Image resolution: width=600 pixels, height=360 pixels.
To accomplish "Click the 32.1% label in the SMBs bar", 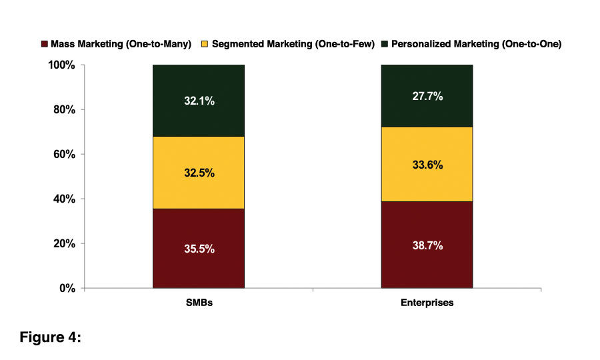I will click(199, 102).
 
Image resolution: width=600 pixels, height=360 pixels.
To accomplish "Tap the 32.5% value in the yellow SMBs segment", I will click(199, 173).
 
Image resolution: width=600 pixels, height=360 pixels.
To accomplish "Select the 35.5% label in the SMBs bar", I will click(199, 249).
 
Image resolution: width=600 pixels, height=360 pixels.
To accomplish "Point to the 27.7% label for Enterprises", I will click(427, 96).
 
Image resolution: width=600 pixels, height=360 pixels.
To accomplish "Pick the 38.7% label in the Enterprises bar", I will click(427, 245).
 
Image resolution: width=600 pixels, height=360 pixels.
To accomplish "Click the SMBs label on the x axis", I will click(199, 303).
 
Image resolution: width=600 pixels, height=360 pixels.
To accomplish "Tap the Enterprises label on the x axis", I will click(427, 303).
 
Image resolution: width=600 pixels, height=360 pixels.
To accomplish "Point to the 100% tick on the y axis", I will click(63, 65).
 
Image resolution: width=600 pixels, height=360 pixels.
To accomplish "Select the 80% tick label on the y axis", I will click(65, 110).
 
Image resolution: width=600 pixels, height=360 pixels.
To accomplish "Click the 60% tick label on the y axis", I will click(65, 155).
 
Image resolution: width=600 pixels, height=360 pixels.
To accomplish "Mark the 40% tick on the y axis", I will click(65, 199).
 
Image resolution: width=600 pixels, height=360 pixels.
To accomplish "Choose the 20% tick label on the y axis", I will click(65, 244).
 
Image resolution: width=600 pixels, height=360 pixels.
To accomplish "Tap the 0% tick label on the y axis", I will click(68, 289).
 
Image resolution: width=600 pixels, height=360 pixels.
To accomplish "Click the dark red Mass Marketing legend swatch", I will click(45, 45).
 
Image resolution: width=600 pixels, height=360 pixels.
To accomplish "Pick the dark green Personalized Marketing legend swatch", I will click(384, 45).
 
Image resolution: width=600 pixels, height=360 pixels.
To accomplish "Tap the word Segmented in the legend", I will click(237, 45).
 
